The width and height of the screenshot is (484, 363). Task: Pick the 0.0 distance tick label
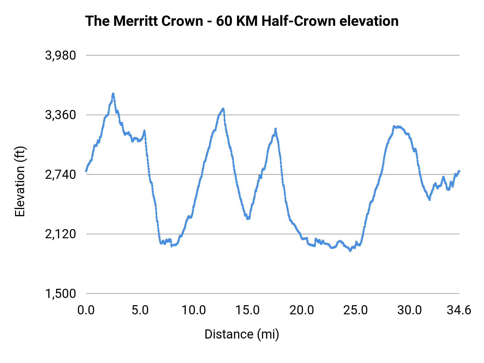tap(86, 310)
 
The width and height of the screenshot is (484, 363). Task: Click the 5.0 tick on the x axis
tap(140, 310)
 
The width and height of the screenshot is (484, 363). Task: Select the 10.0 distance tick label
tap(194, 310)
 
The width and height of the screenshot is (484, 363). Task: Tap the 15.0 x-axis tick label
tap(247, 310)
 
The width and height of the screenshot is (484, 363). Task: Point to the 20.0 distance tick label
tap(301, 310)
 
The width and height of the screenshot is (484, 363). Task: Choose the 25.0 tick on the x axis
tap(355, 310)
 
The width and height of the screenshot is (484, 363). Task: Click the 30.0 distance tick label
tap(410, 310)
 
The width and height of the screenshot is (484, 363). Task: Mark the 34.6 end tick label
tap(459, 310)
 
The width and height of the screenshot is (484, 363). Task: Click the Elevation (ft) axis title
tap(20, 181)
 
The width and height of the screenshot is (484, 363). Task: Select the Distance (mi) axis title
tap(242, 334)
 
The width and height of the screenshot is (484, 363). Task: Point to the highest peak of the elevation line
tap(113, 94)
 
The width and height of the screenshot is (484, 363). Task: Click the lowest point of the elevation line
tap(350, 251)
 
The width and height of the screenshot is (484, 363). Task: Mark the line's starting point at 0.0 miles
tap(86, 171)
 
